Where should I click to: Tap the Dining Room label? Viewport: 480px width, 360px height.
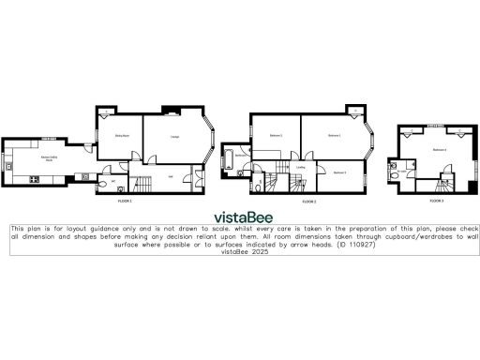point(122,136)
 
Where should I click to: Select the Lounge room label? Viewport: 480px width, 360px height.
point(175,137)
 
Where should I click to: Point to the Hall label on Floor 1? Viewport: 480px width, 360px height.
point(170,175)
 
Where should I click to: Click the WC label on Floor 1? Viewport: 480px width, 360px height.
point(113,180)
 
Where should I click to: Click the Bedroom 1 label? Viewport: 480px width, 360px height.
point(334,136)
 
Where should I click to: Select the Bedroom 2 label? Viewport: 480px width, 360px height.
point(276,136)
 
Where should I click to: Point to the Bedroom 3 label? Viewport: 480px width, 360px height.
point(339,172)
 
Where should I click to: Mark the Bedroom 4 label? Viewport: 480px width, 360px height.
point(439,149)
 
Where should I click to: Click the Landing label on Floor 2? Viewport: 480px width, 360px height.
point(300,168)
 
